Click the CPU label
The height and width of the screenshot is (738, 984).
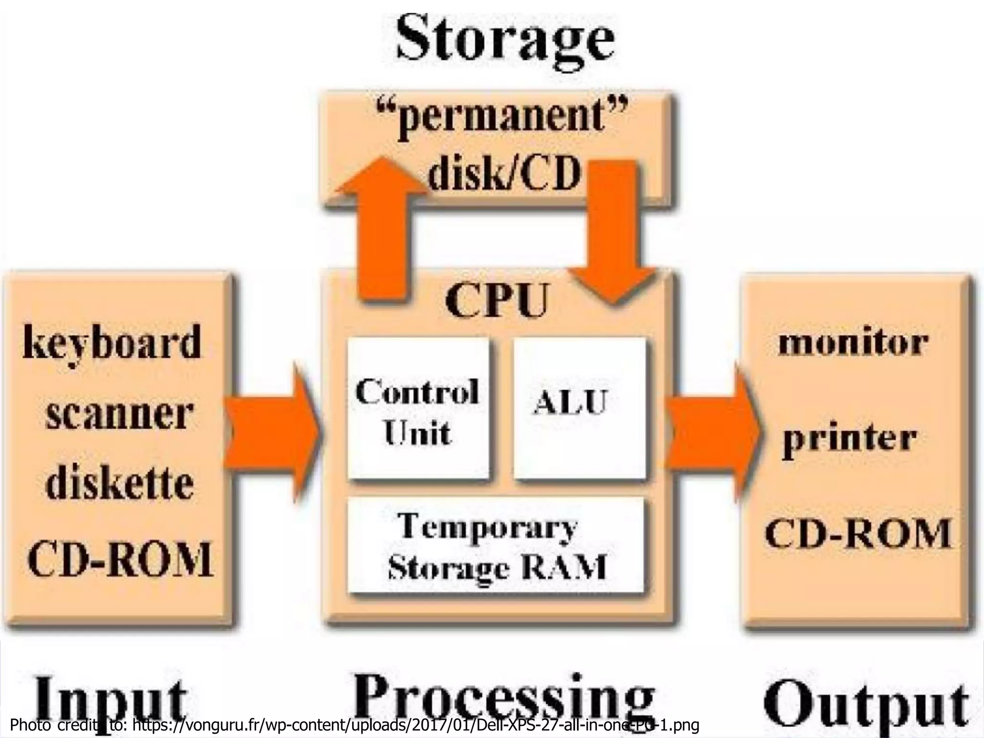[497, 301]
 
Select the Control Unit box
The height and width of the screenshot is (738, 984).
[418, 408]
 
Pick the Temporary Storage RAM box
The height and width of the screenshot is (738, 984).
[495, 545]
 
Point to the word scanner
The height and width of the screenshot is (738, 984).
[120, 415]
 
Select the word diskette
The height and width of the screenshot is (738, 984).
[120, 483]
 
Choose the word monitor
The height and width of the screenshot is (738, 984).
[853, 343]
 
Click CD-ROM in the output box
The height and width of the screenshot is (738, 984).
[858, 533]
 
